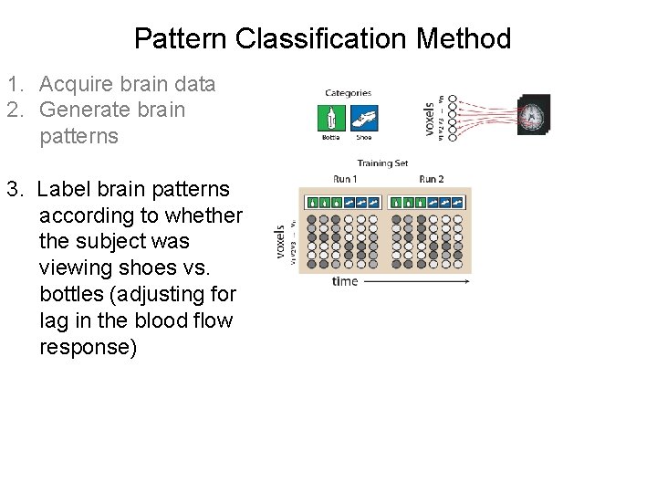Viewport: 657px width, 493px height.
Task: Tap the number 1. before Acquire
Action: click(16, 85)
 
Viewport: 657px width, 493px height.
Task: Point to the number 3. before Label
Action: click(16, 189)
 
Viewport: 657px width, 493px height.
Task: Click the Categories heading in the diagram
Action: click(348, 92)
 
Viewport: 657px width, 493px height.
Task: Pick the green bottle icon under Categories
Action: click(330, 118)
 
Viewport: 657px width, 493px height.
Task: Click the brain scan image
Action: click(534, 115)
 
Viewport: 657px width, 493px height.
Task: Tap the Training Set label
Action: click(382, 163)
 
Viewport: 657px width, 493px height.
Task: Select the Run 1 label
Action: click(346, 178)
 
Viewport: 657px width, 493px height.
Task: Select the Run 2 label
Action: click(431, 178)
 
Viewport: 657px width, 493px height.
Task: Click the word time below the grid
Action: click(345, 281)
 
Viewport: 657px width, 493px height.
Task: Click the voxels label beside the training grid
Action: click(281, 243)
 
